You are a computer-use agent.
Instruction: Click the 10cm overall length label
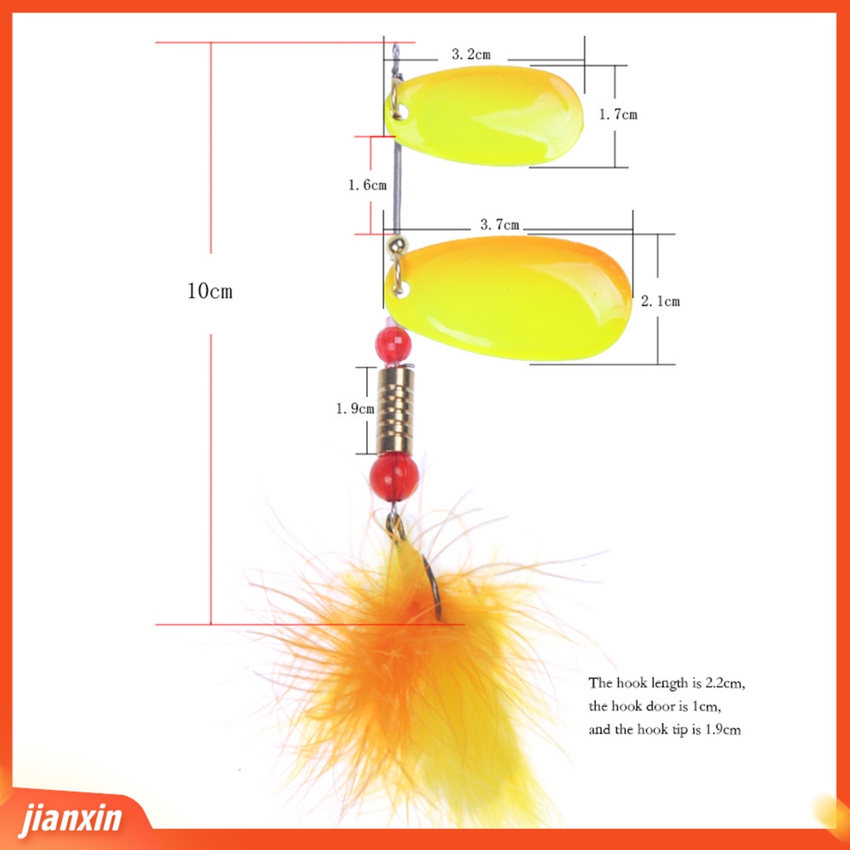(x=210, y=291)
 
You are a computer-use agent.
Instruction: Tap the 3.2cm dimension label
(x=471, y=55)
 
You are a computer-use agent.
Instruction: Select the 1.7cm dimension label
(x=618, y=115)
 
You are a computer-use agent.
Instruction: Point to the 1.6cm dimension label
(x=367, y=185)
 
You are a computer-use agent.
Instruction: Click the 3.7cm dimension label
(x=500, y=224)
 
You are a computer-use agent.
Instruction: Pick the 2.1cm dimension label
(x=660, y=301)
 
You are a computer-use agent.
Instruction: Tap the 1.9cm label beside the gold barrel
(x=354, y=408)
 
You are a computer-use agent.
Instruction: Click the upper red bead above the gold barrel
(x=393, y=344)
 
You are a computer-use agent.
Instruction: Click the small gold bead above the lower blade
(x=397, y=245)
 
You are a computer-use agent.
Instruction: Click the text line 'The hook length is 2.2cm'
(x=667, y=684)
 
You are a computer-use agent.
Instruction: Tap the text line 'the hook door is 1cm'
(x=655, y=707)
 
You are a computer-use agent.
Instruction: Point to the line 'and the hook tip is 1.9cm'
(x=664, y=730)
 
